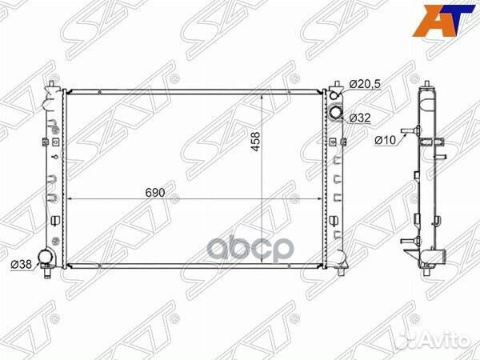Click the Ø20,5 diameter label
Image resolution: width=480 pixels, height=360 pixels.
pos(365,83)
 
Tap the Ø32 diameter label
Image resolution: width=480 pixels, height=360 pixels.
pos(360,118)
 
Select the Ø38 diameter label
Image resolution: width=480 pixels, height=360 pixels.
pos(21,265)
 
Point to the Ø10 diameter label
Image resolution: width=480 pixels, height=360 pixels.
pos(386,140)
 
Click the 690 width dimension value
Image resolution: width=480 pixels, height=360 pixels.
pos(155,193)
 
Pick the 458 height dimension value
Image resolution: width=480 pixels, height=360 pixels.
pos(255,142)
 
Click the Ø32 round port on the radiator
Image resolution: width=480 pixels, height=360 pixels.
pos(335,112)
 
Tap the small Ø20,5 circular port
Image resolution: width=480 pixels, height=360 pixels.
pos(334,95)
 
